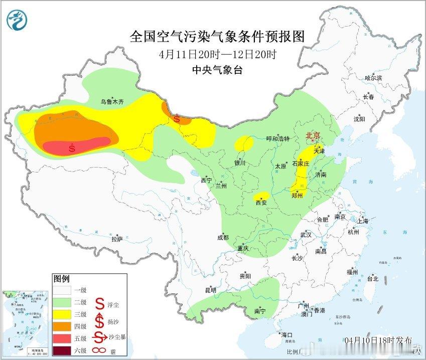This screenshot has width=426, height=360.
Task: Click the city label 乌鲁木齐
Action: (x=111, y=102)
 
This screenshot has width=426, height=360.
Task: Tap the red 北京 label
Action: (x=315, y=136)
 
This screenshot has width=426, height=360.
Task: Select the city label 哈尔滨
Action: (x=373, y=78)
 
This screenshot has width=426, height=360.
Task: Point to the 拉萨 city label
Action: (x=116, y=240)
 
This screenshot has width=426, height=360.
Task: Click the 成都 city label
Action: (x=223, y=238)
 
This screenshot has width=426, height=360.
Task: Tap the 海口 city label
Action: (x=287, y=334)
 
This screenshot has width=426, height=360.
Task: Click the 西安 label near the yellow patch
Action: (x=261, y=203)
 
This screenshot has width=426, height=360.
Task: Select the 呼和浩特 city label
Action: (x=277, y=139)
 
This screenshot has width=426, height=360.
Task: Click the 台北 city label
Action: (x=372, y=279)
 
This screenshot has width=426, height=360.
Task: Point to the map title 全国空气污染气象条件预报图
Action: (x=217, y=37)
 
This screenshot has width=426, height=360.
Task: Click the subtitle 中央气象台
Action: (x=217, y=70)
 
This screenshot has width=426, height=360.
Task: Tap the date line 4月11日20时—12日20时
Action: (x=217, y=54)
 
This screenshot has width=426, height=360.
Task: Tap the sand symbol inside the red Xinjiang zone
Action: (x=72, y=148)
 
